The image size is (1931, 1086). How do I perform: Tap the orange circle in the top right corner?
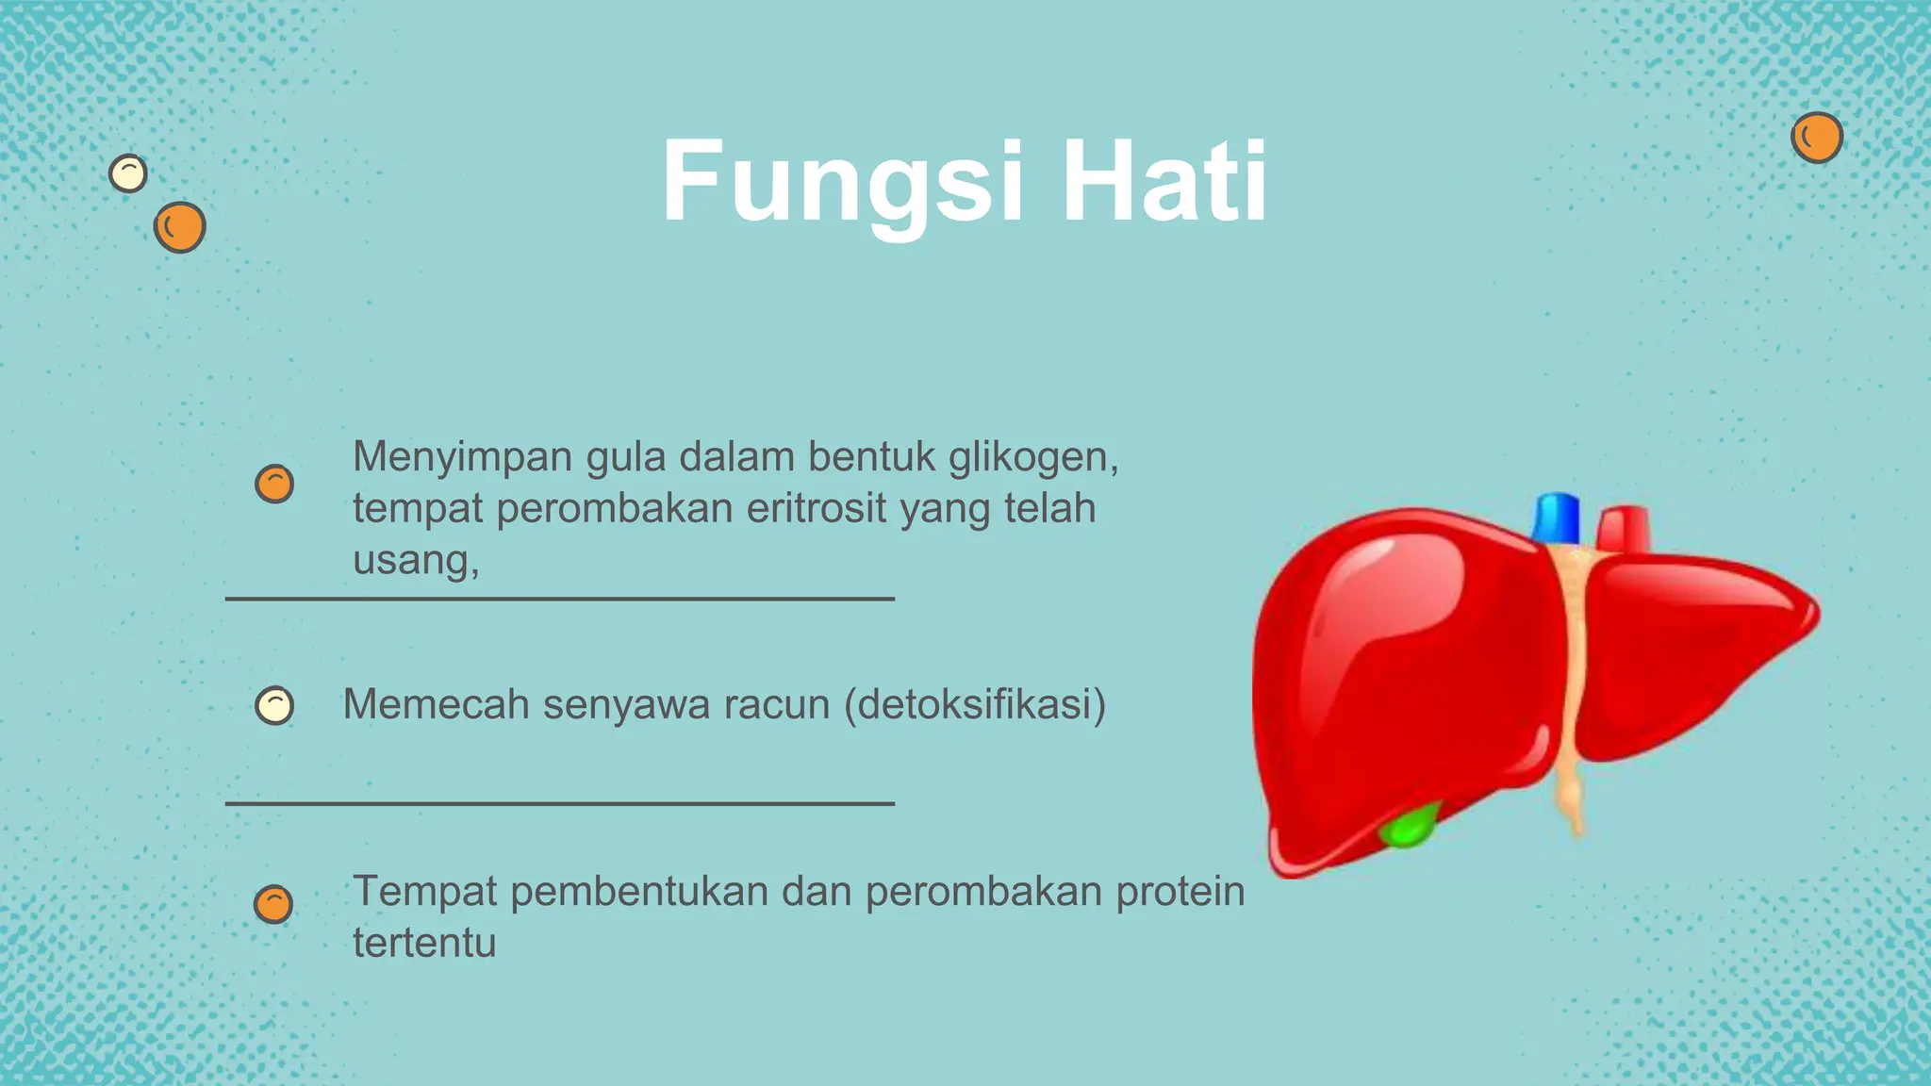tap(1816, 138)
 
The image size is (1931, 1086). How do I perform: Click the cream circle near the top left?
tap(128, 173)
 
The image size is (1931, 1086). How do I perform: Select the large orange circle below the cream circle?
tap(179, 227)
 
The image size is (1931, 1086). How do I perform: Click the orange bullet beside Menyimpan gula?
tap(274, 484)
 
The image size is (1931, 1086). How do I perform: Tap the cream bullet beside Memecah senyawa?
tap(274, 705)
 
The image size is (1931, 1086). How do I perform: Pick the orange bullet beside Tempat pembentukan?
tap(273, 904)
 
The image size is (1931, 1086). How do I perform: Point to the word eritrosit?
tap(817, 509)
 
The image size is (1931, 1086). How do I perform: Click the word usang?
tap(411, 560)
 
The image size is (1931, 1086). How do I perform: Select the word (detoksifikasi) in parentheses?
tap(974, 704)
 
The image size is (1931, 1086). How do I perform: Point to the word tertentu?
tap(424, 943)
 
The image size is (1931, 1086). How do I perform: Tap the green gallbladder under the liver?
tap(1409, 827)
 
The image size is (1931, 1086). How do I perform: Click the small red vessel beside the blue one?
tap(1624, 529)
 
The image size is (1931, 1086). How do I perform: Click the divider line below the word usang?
tap(559, 599)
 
